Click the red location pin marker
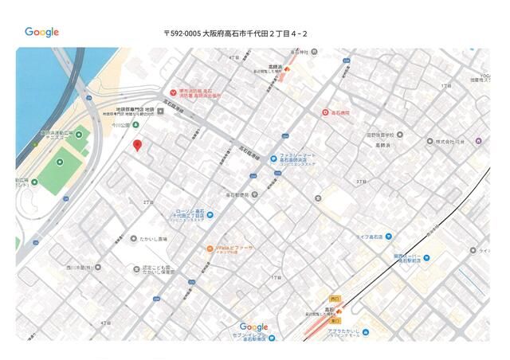[137, 145]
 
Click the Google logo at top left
[41, 32]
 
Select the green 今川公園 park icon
[135, 125]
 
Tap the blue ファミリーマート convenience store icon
[273, 158]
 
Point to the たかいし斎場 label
[155, 238]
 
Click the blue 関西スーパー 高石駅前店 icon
[427, 256]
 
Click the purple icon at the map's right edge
[478, 141]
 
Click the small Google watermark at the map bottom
[253, 327]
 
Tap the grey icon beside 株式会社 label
[428, 142]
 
